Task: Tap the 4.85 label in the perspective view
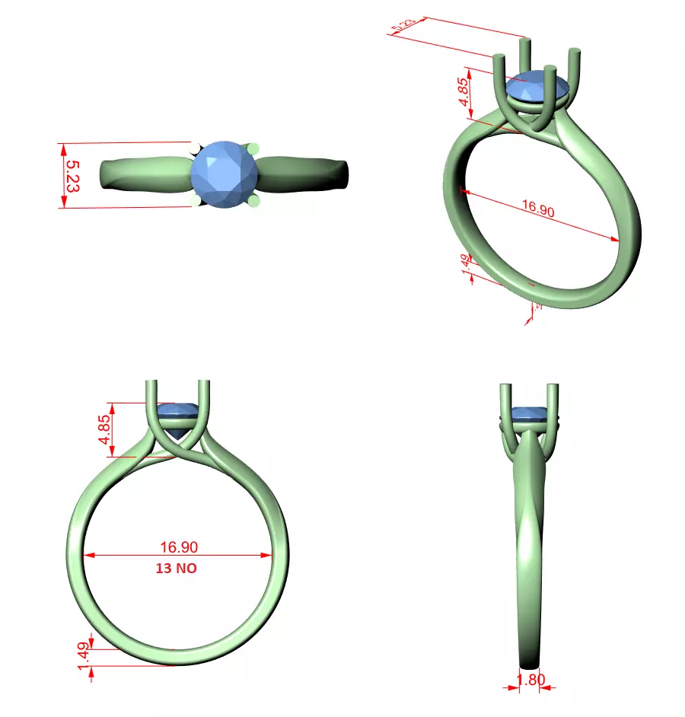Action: tap(463, 91)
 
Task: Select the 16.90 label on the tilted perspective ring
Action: tap(537, 209)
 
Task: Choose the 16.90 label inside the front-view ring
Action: tap(179, 547)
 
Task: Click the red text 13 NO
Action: tap(178, 568)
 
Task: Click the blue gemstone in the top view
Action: tap(224, 174)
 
